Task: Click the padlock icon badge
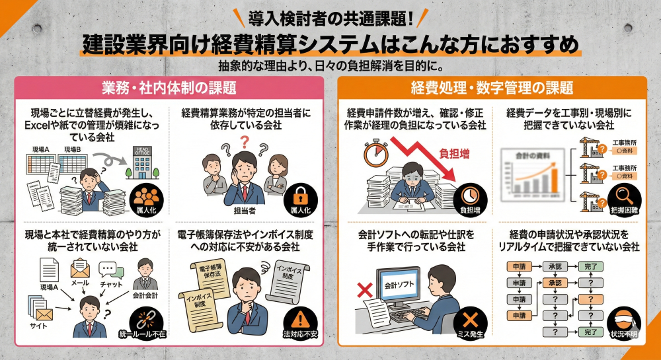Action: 300,192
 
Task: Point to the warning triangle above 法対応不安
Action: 300,318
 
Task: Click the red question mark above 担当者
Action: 244,141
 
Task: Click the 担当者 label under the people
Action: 245,211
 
